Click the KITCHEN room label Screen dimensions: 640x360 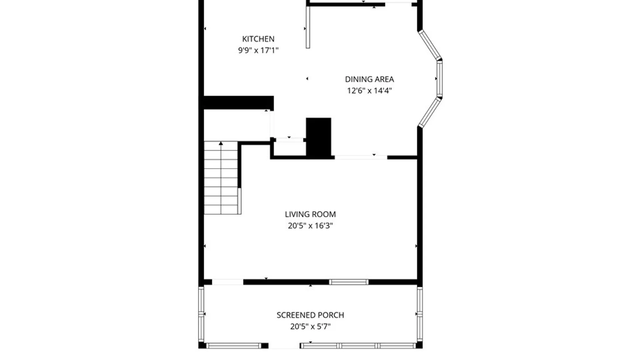(x=258, y=39)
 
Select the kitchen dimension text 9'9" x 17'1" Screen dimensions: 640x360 (x=258, y=50)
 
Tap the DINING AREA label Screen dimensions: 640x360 (x=369, y=79)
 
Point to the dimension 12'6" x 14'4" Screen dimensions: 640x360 (x=369, y=91)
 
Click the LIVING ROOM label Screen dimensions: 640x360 (x=310, y=214)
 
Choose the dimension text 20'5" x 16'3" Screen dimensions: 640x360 (x=310, y=226)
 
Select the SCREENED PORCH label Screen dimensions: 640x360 (x=310, y=315)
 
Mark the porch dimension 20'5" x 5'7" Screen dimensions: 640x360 (x=310, y=326)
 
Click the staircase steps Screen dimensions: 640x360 (x=221, y=178)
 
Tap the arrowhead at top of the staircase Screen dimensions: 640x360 (x=221, y=143)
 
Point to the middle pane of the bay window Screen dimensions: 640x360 (x=440, y=79)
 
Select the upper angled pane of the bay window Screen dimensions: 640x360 (x=430, y=45)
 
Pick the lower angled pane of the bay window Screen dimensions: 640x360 (x=430, y=112)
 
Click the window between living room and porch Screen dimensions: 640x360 (x=349, y=282)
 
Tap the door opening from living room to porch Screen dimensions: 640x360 (x=228, y=282)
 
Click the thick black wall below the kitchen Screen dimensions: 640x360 (x=239, y=103)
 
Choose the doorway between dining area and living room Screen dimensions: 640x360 (x=361, y=157)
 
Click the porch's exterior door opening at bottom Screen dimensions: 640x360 (x=284, y=346)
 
